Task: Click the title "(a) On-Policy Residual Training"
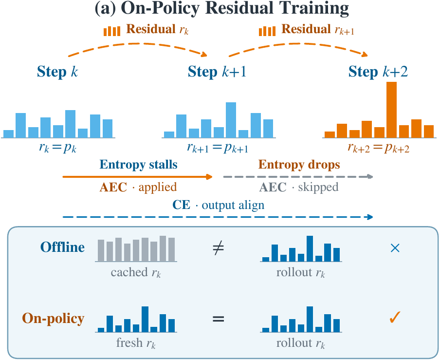click(221, 8)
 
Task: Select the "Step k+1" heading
click(217, 72)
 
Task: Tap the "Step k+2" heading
click(378, 72)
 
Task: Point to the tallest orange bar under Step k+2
click(391, 110)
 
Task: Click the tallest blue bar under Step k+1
click(231, 120)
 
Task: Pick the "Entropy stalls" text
click(138, 165)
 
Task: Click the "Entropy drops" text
click(299, 165)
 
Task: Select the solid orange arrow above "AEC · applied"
click(137, 177)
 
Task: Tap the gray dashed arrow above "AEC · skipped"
click(298, 177)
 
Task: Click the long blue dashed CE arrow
click(218, 217)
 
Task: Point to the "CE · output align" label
click(219, 205)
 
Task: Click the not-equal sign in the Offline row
click(219, 248)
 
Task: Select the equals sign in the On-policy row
click(219, 319)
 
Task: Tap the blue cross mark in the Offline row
click(395, 248)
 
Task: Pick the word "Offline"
click(62, 247)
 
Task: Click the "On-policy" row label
click(53, 319)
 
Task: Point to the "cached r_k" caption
click(136, 272)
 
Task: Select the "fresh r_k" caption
click(136, 343)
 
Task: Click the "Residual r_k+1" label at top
click(307, 30)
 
